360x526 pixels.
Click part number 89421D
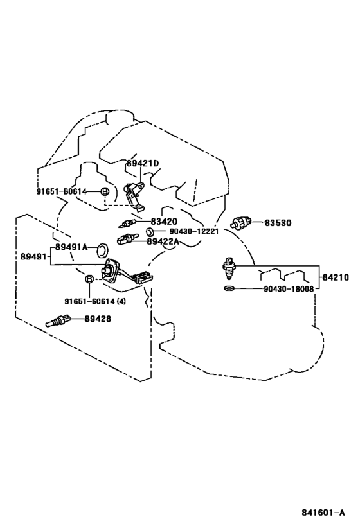[143, 164]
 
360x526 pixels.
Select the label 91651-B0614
[61, 191]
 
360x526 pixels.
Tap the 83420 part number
[164, 222]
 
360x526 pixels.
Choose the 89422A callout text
[163, 241]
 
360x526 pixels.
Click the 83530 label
[278, 222]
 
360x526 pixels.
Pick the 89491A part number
[71, 247]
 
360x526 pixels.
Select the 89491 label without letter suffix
[34, 257]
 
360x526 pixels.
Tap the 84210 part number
[336, 277]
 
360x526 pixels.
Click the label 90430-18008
[289, 289]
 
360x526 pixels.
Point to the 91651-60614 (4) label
[95, 301]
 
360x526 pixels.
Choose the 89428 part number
[97, 319]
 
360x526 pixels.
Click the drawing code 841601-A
[323, 513]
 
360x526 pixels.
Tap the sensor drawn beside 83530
[241, 223]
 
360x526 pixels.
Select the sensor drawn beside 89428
[57, 320]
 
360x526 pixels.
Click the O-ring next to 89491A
[102, 251]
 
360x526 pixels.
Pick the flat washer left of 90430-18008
[229, 288]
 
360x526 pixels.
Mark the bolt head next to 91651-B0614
[104, 191]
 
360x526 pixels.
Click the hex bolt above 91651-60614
[89, 279]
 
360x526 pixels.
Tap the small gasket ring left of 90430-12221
[150, 231]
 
